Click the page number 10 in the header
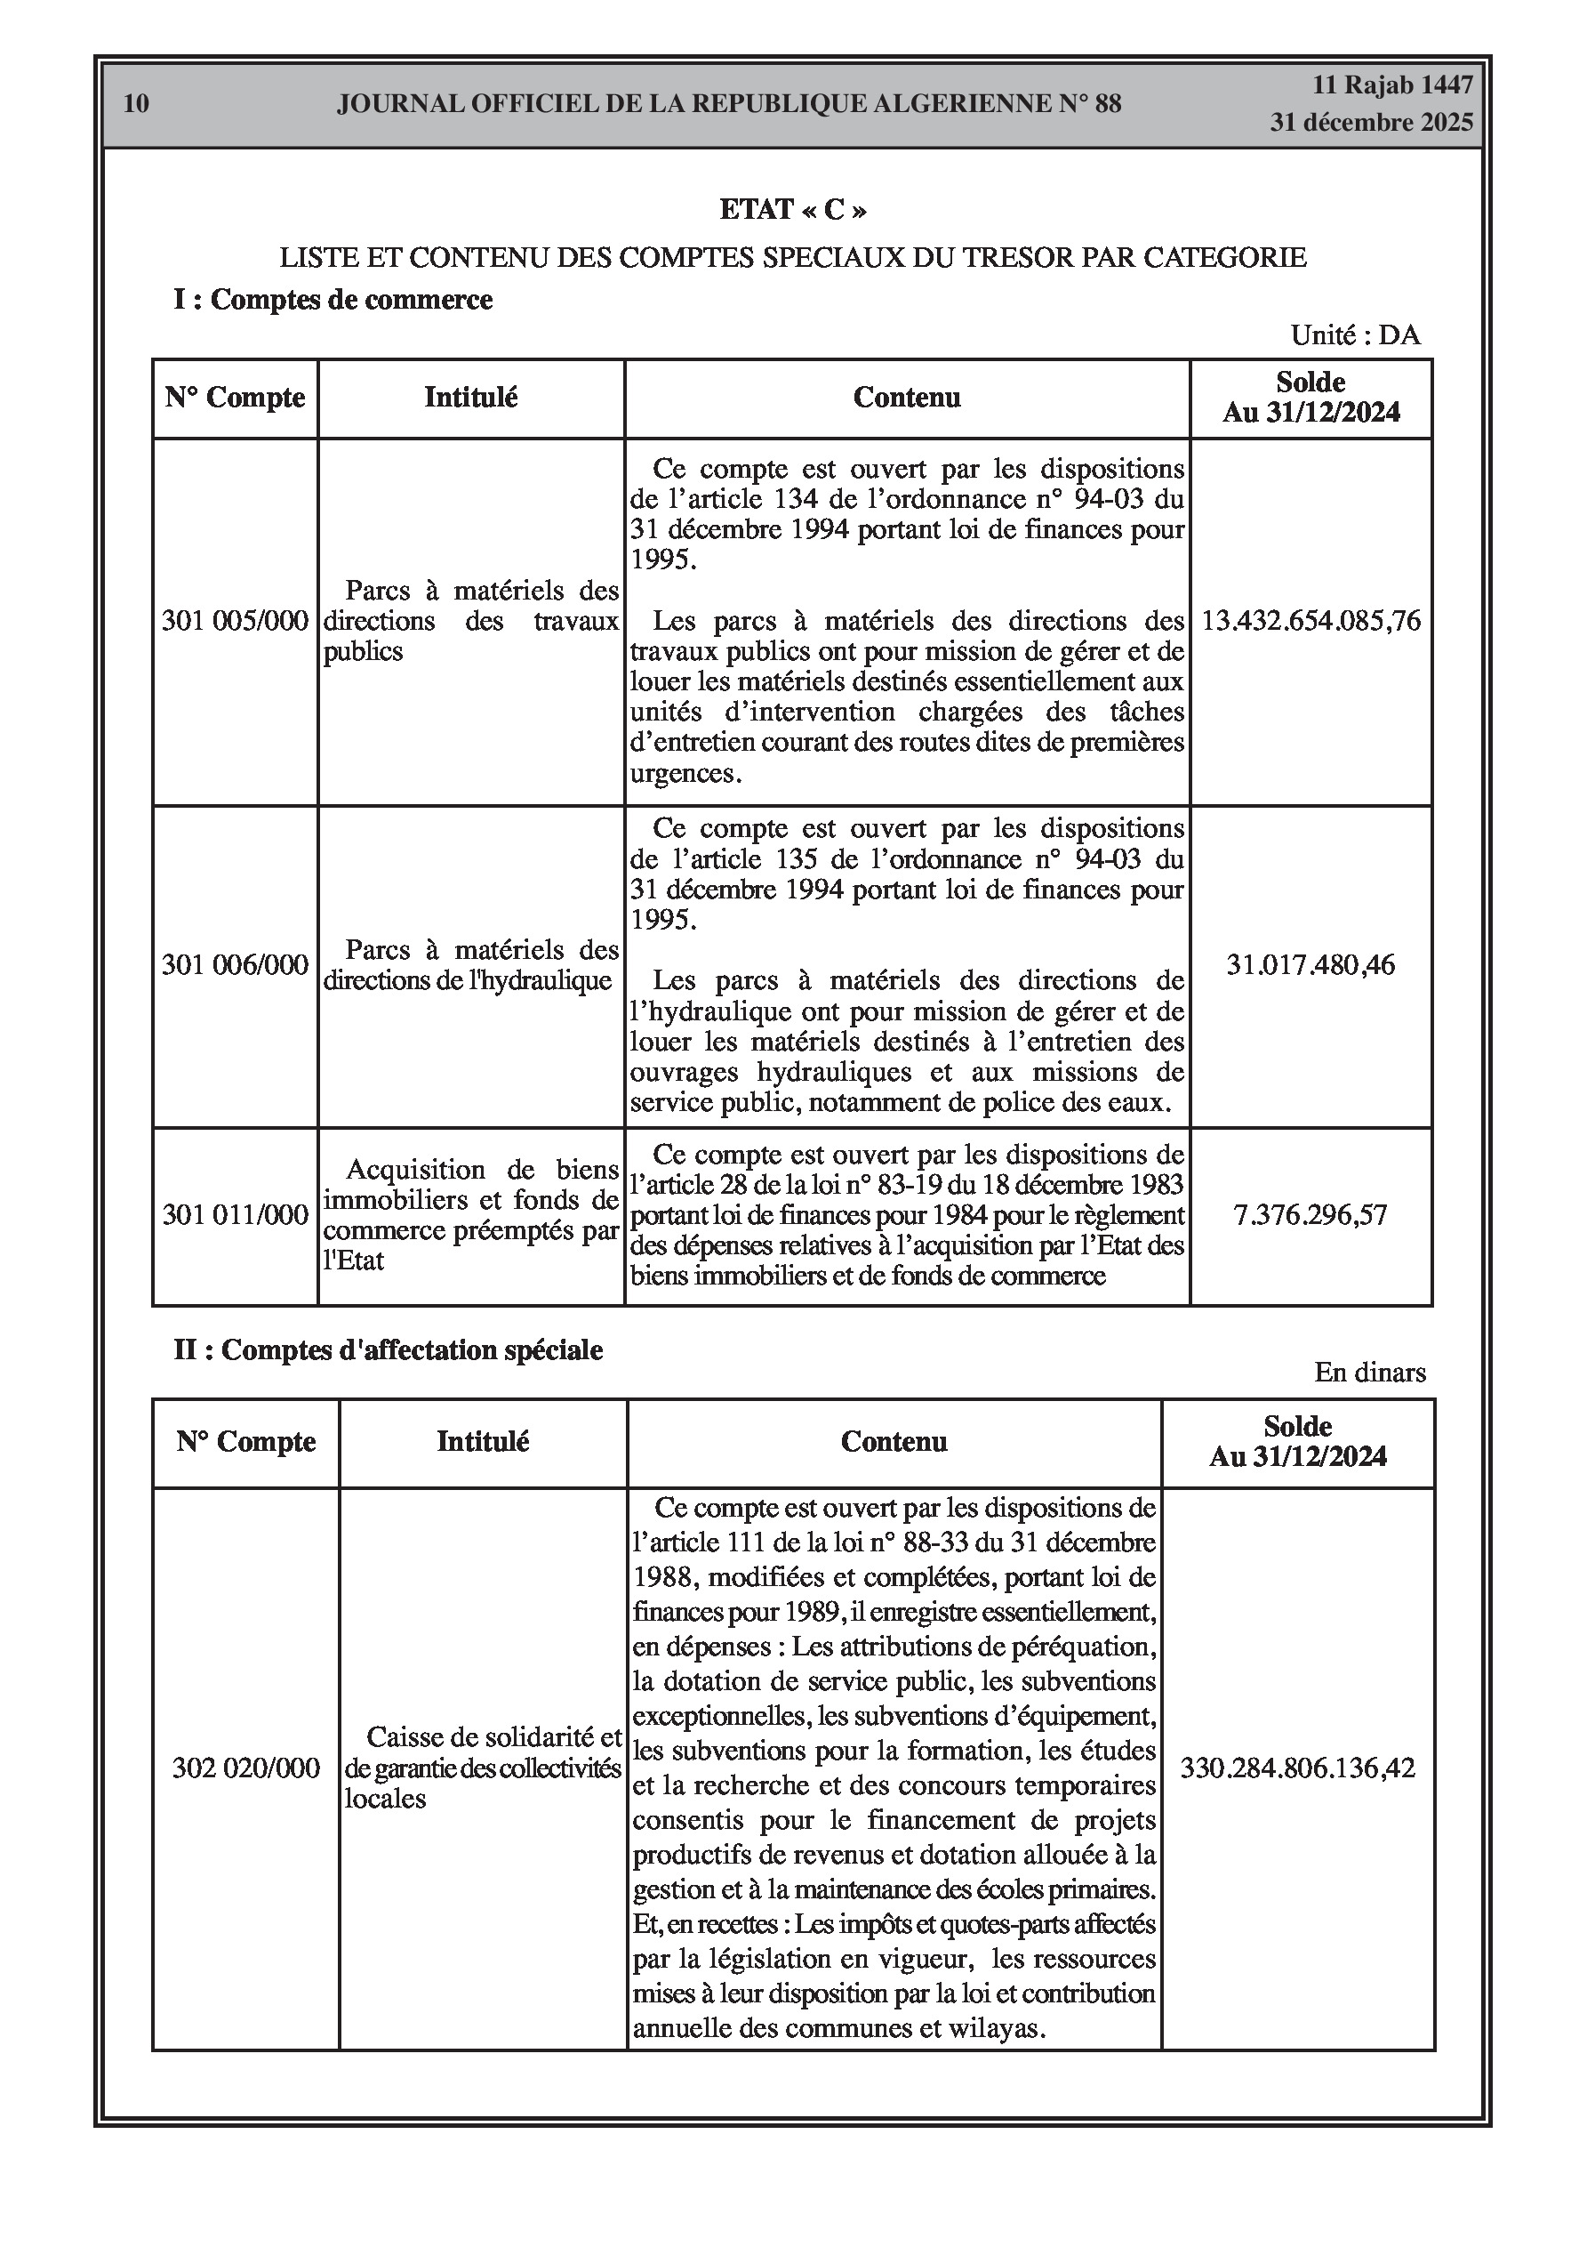[x=137, y=104]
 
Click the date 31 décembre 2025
[x=1371, y=123]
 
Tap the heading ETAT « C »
[x=792, y=209]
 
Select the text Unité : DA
[x=1355, y=334]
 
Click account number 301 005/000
[x=235, y=621]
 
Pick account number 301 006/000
[x=235, y=965]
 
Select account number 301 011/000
[x=235, y=1214]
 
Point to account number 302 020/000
[x=245, y=1795]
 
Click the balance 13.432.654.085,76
[x=1311, y=621]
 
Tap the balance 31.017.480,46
[x=1311, y=965]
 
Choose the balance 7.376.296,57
[x=1311, y=1214]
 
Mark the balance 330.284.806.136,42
[x=1297, y=1795]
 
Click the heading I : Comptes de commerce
[x=333, y=300]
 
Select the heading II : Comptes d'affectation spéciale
[x=388, y=1349]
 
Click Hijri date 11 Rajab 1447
[x=1392, y=85]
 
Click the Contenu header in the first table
[x=907, y=398]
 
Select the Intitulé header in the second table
[x=483, y=1442]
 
